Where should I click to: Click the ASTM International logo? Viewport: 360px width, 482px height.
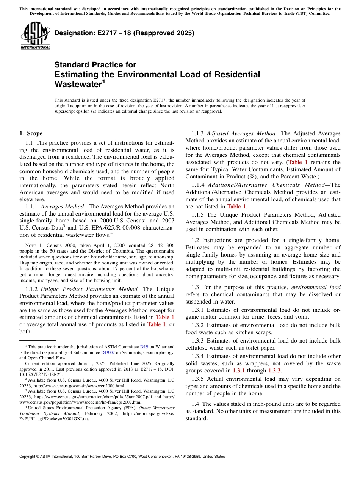click(35, 36)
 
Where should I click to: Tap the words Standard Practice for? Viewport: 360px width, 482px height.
click(95, 65)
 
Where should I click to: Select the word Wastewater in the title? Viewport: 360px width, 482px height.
click(78, 84)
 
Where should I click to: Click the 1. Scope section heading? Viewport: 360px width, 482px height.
click(31, 133)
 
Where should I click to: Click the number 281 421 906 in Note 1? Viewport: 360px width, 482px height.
click(158, 246)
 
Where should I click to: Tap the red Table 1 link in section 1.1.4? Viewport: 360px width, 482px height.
click(236, 207)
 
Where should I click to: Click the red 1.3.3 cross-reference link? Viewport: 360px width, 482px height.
click(274, 371)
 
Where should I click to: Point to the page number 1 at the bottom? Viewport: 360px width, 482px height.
click(180, 465)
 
